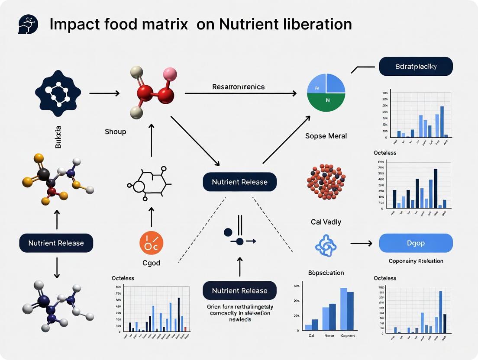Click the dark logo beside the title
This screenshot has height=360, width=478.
28,24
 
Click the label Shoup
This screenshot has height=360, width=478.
115,131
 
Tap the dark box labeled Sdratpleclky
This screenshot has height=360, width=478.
416,67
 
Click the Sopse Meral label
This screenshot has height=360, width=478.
326,136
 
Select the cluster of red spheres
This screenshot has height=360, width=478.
326,181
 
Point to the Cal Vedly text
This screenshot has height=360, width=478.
326,222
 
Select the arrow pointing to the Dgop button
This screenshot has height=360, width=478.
361,244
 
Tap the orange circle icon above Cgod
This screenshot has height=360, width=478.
151,242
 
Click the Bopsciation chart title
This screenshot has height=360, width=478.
326,273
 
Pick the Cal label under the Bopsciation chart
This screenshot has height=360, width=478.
311,336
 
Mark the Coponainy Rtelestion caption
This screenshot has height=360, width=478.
416,261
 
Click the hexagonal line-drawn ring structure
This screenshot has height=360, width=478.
149,184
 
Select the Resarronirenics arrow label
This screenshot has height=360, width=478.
238,87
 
